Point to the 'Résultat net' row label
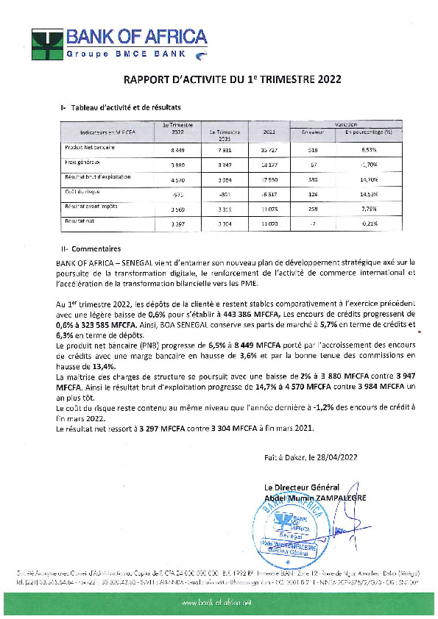pos(77,221)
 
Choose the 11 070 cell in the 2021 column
pos(266,223)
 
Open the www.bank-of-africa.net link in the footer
pos(219,601)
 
